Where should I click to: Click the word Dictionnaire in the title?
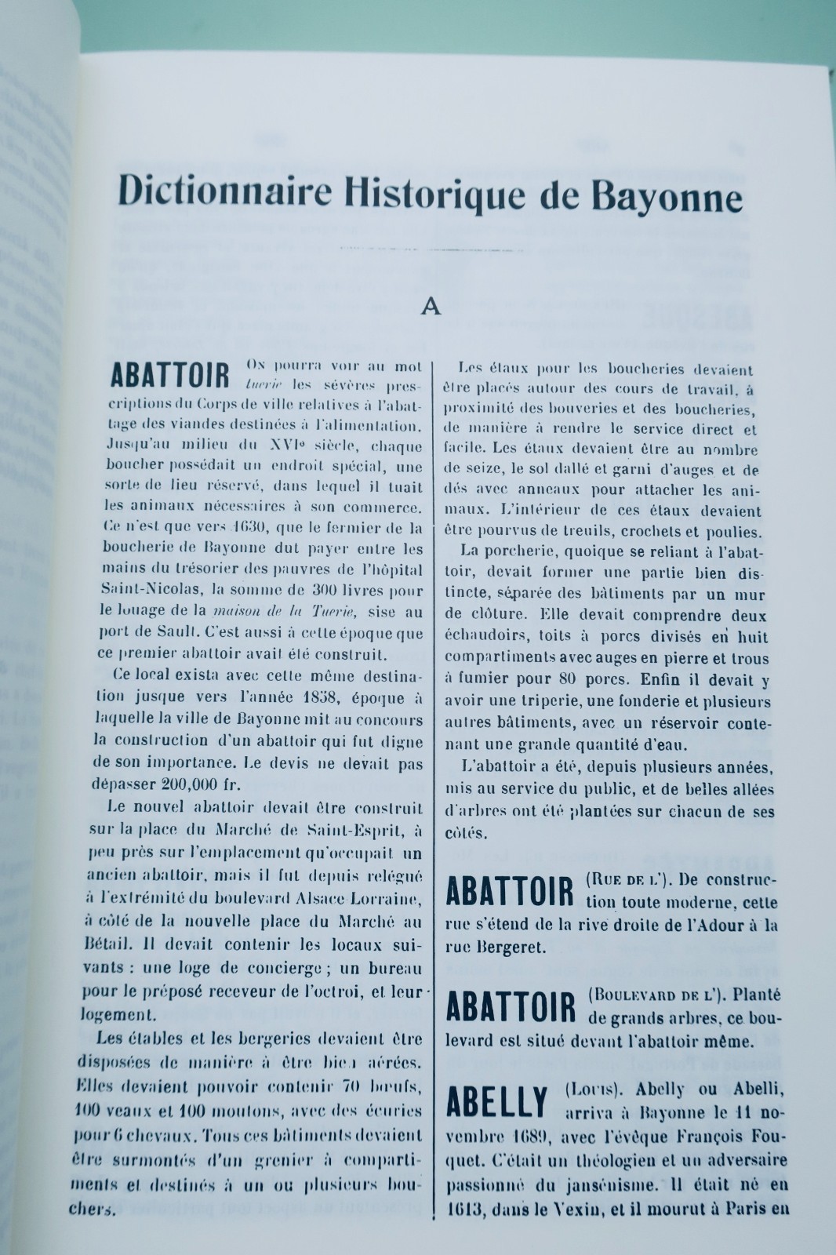click(221, 191)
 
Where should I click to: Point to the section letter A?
click(430, 307)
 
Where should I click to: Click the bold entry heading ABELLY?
click(497, 1102)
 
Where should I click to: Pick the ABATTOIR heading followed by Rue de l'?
click(510, 892)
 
